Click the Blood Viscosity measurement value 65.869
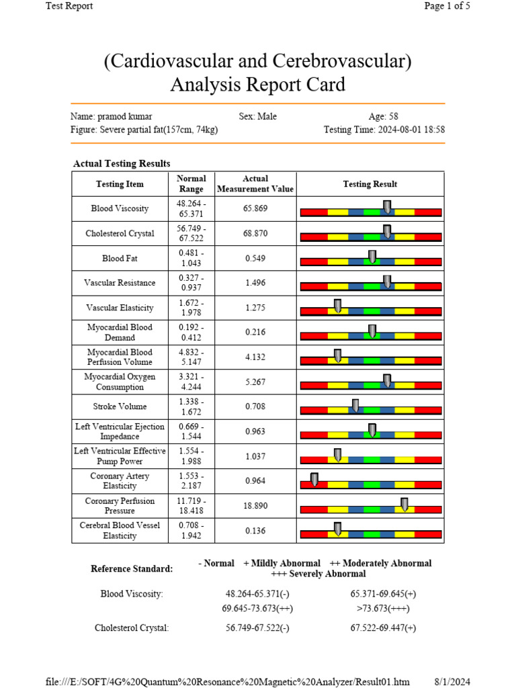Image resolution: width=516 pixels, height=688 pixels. tap(255, 209)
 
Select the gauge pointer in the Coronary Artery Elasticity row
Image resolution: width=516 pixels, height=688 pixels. tap(314, 479)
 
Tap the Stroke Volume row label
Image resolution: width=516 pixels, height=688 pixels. tap(119, 406)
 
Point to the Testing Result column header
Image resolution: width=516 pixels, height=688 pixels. tap(370, 184)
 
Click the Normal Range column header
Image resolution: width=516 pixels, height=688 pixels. tap(191, 184)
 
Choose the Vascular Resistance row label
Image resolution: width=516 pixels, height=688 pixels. tap(119, 283)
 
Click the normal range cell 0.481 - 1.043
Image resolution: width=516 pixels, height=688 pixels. tap(191, 258)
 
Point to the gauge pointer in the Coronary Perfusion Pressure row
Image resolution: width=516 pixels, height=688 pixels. tap(404, 504)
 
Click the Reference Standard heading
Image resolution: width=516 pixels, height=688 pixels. tap(132, 568)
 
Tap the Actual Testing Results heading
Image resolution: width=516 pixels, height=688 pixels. tap(122, 163)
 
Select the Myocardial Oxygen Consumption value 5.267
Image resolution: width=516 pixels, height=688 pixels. tap(255, 382)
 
